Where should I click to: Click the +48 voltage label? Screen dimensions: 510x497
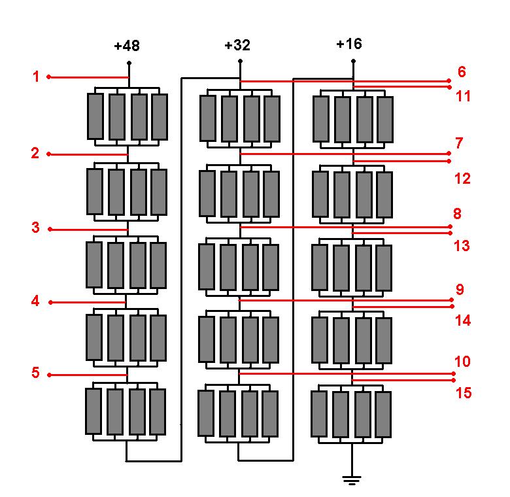[x=127, y=46]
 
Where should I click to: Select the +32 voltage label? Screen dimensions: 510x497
[x=237, y=45]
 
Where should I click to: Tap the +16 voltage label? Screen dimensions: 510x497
[x=349, y=44]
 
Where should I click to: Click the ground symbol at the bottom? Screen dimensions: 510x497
[x=352, y=480]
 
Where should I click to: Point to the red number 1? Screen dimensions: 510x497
[x=36, y=77]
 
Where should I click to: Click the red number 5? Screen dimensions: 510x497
[x=35, y=373]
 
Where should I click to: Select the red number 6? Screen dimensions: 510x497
[x=462, y=71]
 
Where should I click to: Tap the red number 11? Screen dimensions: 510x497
[x=463, y=96]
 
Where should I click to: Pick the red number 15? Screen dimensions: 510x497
[x=464, y=393]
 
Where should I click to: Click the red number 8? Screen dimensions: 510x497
[x=457, y=214]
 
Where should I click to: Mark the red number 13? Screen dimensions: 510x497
[x=462, y=246]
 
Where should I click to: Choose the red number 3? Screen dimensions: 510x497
[x=35, y=228]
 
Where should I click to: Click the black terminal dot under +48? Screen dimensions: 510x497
[x=129, y=62]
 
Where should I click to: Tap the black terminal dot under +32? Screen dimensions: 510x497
[x=240, y=61]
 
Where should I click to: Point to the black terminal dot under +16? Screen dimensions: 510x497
[x=353, y=61]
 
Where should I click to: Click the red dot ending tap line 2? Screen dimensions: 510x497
[x=49, y=154]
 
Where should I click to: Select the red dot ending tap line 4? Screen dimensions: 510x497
[x=50, y=303]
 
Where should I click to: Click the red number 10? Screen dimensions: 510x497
[x=462, y=362]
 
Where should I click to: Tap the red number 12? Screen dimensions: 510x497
[x=462, y=179]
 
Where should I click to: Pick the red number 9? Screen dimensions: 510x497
[x=460, y=289]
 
